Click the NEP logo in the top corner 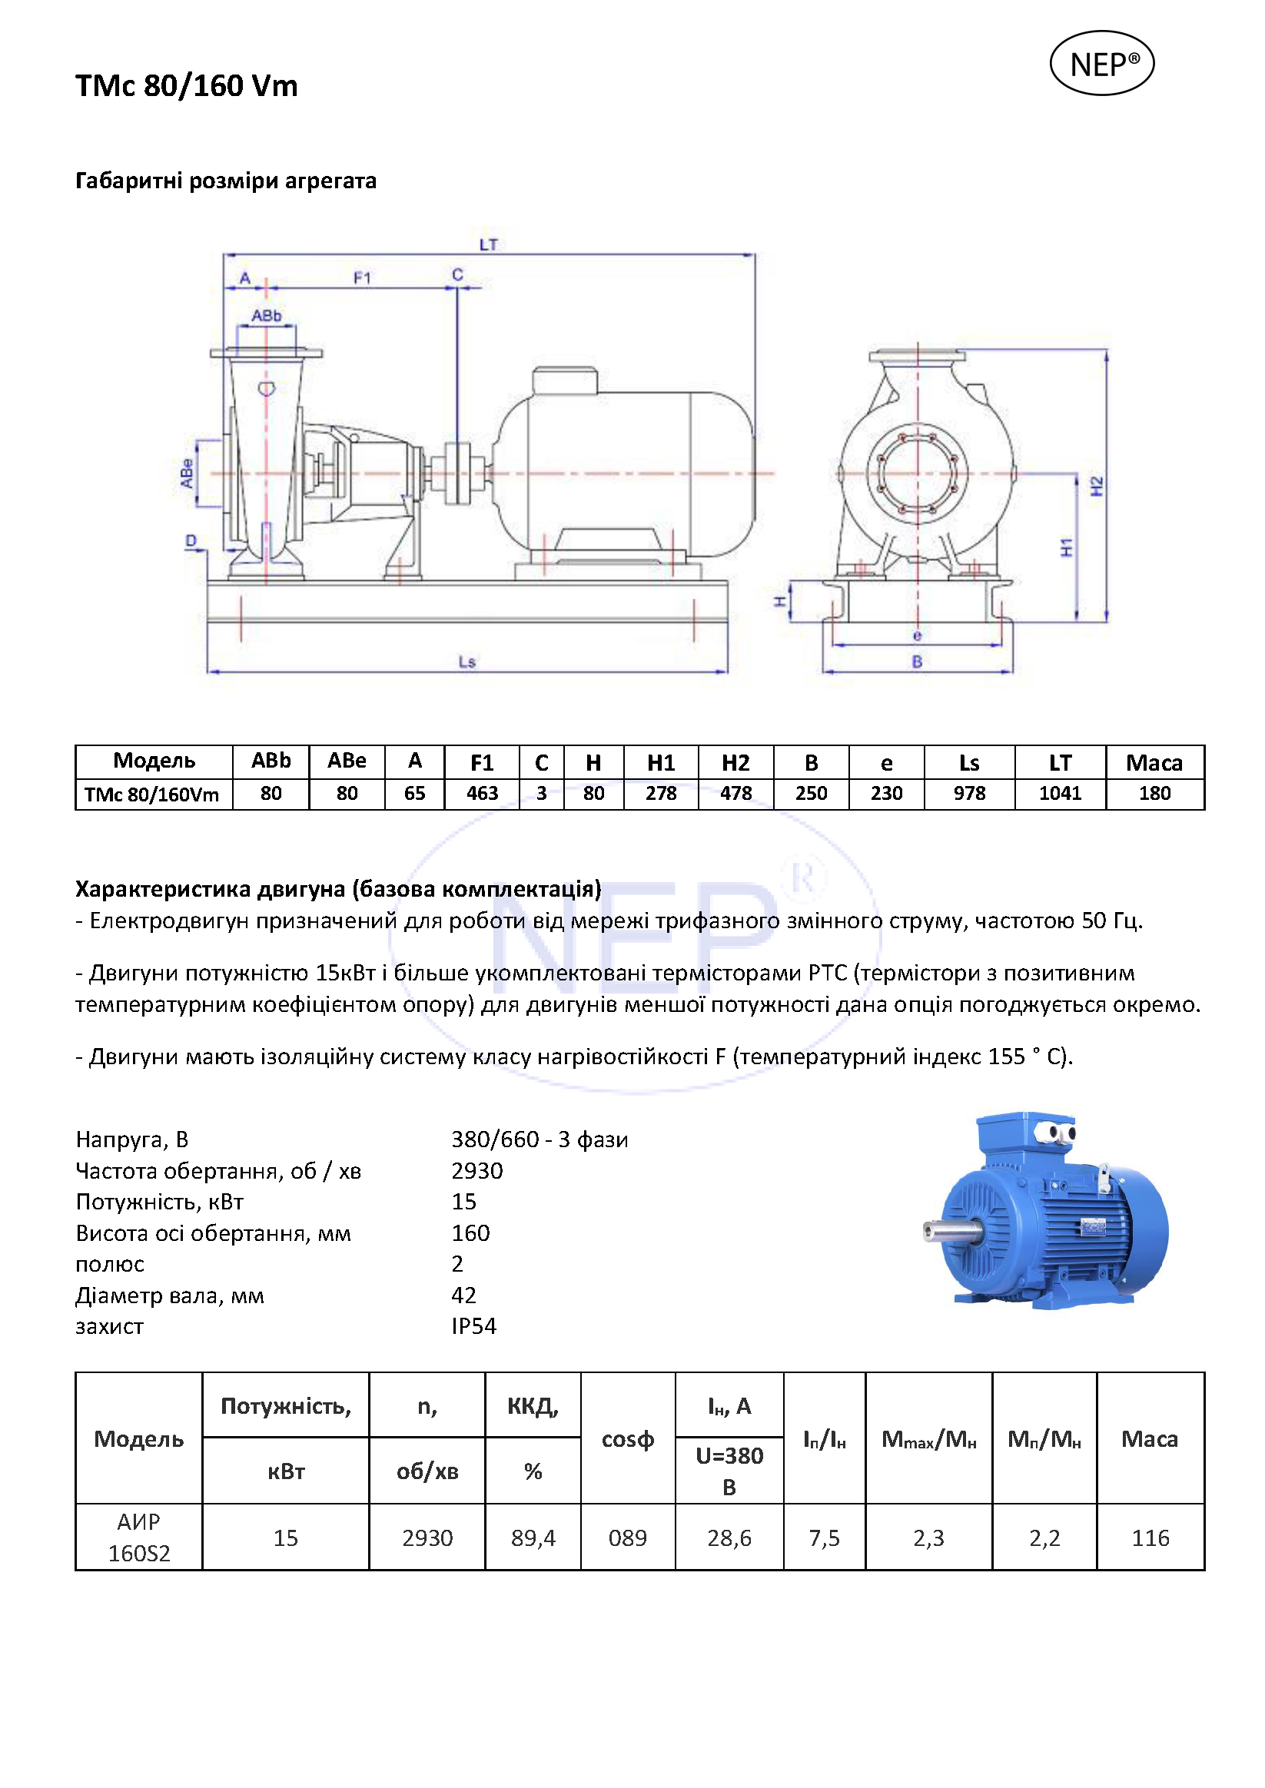tap(1101, 64)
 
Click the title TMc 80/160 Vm tap(186, 85)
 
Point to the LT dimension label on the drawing tap(487, 244)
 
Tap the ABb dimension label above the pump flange tap(266, 315)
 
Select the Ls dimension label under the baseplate tap(466, 662)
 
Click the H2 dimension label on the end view tap(1097, 486)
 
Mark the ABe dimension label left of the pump tap(187, 473)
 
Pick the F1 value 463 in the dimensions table tap(481, 794)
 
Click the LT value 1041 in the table tap(1059, 794)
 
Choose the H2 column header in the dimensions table tap(735, 762)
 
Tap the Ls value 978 tap(969, 794)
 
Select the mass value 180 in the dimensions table tap(1154, 794)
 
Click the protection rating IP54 tap(473, 1326)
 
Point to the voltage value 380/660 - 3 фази tap(539, 1139)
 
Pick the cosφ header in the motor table tap(627, 1439)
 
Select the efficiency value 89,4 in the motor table tap(533, 1538)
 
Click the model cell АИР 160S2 tap(138, 1538)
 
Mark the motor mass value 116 tap(1150, 1538)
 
